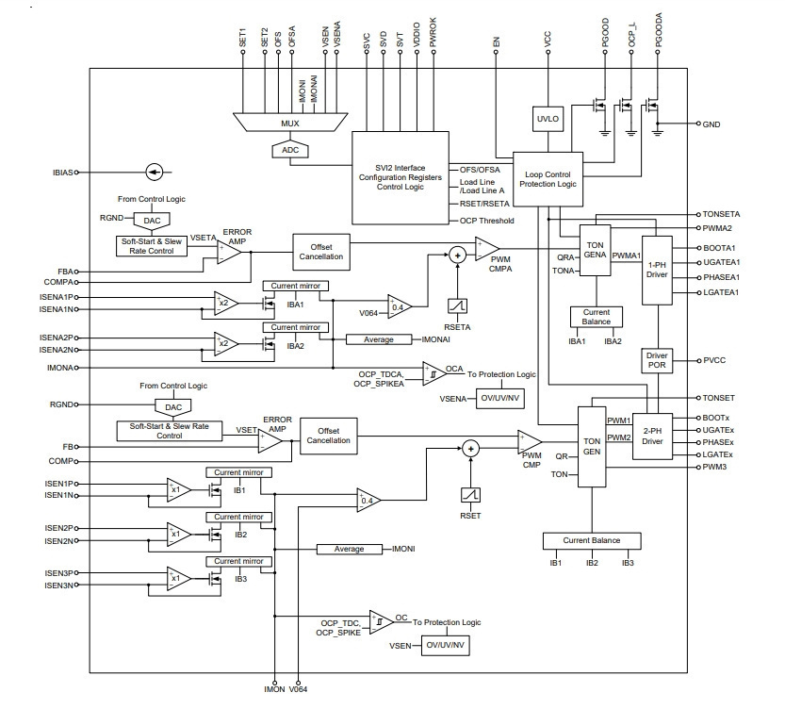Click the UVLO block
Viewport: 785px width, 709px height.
pyautogui.click(x=548, y=119)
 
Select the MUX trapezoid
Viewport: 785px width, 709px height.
pyautogui.click(x=290, y=123)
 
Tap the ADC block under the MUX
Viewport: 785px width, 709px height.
pyautogui.click(x=290, y=150)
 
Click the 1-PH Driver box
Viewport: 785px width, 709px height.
pyautogui.click(x=657, y=271)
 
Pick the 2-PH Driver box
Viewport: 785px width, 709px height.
pyautogui.click(x=652, y=437)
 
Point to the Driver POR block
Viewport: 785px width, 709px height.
pyautogui.click(x=657, y=360)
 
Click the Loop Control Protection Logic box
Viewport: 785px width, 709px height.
pyautogui.click(x=548, y=179)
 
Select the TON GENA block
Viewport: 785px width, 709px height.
pyautogui.click(x=596, y=250)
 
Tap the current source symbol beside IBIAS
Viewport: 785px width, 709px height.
pyautogui.click(x=155, y=173)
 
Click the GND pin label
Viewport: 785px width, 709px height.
pyautogui.click(x=711, y=124)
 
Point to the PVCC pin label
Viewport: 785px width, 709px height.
pyautogui.click(x=714, y=360)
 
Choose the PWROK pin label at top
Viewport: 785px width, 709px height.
pyautogui.click(x=433, y=33)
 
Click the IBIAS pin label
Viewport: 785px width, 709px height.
pyautogui.click(x=62, y=173)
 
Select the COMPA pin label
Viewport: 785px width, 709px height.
pyautogui.click(x=58, y=283)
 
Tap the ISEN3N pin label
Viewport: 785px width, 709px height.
pyautogui.click(x=59, y=585)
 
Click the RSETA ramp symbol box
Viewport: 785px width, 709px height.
pyautogui.click(x=457, y=305)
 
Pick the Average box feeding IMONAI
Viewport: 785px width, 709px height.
pyautogui.click(x=379, y=339)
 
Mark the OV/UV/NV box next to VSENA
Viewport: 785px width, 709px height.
pyautogui.click(x=500, y=399)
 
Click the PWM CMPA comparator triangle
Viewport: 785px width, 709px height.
pyautogui.click(x=486, y=249)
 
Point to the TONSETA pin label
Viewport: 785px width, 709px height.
pyautogui.click(x=721, y=214)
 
